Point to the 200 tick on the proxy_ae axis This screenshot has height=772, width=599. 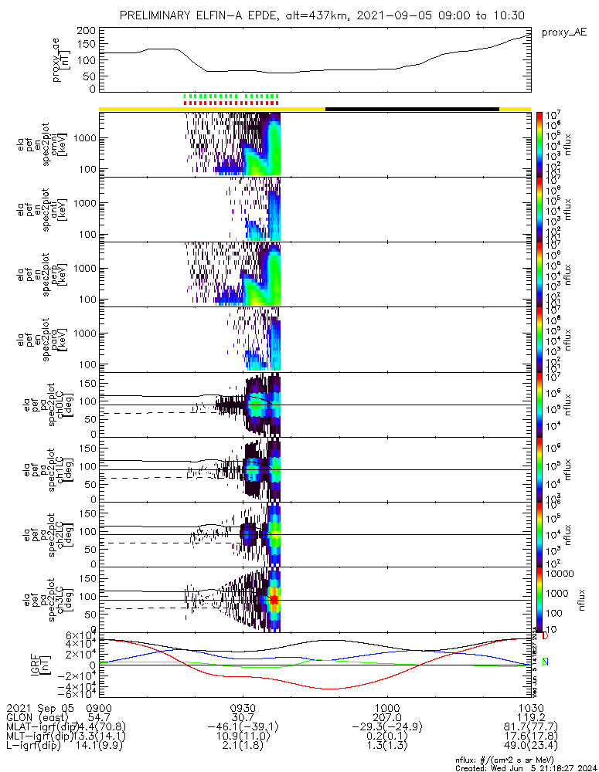86,30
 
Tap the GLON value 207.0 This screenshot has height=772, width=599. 386,718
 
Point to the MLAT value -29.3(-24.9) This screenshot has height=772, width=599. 386,728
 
